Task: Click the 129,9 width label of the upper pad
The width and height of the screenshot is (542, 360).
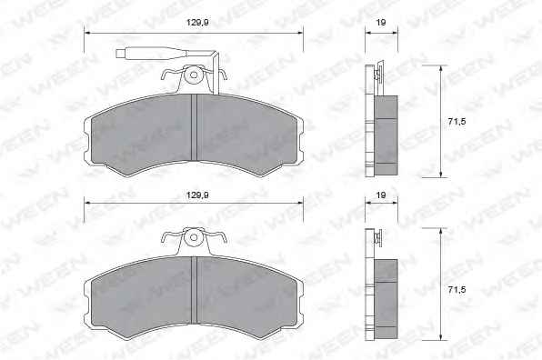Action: pos(197,23)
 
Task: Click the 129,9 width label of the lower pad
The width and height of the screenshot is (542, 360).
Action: pos(197,195)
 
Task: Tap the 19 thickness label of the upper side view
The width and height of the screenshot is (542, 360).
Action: pos(381,23)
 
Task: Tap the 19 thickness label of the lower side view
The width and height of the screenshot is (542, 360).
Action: pos(381,195)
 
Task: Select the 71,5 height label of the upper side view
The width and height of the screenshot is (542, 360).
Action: pos(457,121)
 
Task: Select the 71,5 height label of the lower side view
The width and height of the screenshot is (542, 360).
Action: pos(457,290)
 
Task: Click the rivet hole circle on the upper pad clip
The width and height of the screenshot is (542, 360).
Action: pos(194,75)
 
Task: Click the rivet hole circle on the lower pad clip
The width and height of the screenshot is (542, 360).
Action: pos(194,237)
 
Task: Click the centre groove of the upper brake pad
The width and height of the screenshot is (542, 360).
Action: pos(194,127)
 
